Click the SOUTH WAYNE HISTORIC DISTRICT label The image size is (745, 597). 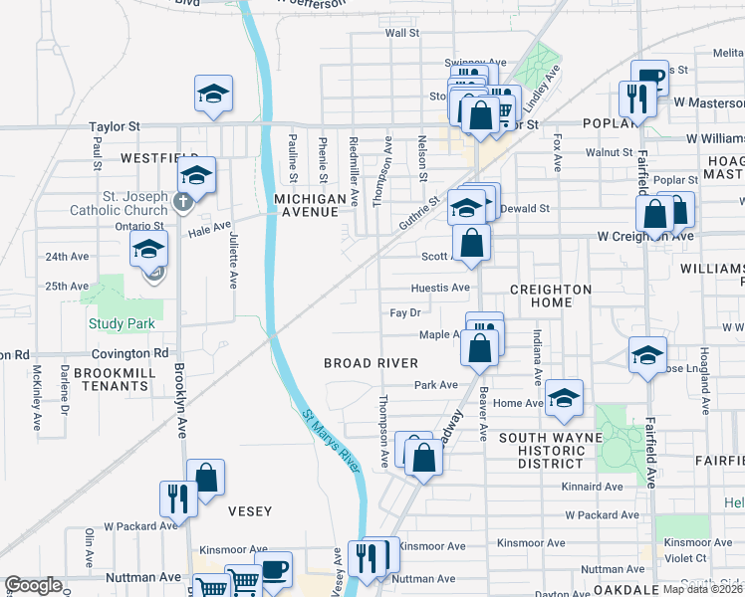(550, 450)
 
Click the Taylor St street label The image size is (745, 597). (115, 127)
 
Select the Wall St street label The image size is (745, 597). (401, 33)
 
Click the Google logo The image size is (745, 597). (32, 585)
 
